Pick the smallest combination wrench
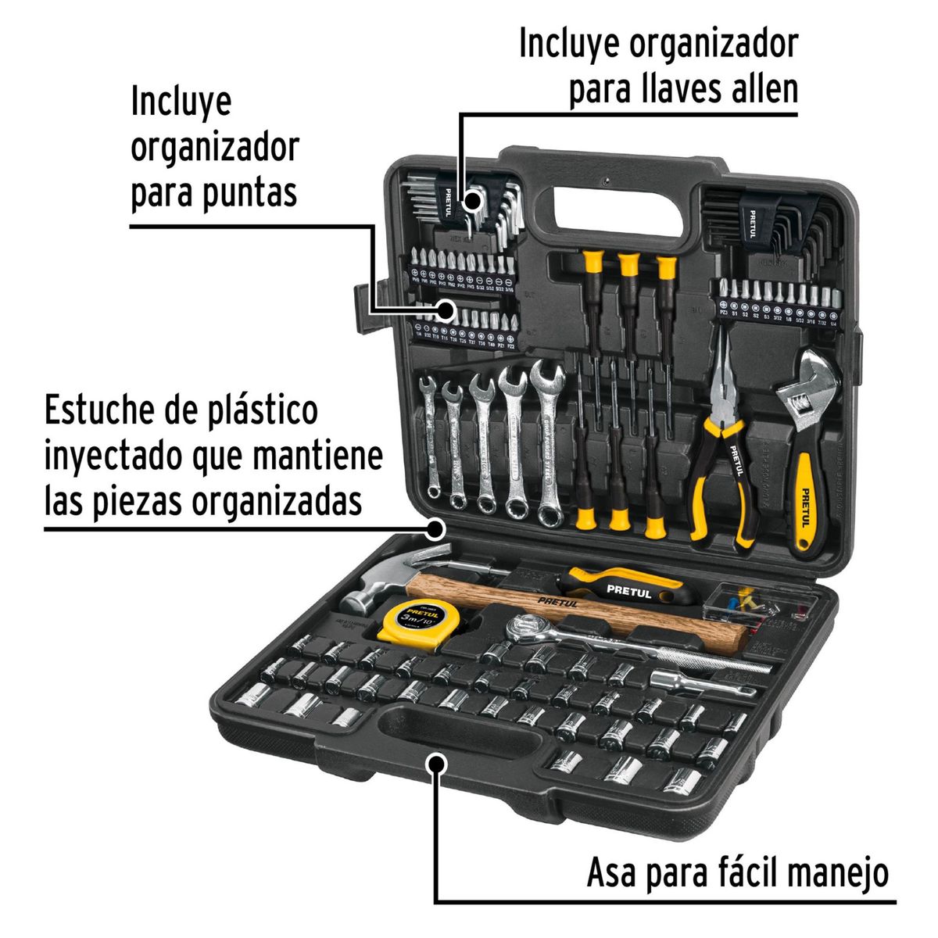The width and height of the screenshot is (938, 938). (x=430, y=434)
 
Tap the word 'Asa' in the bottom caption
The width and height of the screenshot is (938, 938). (x=610, y=872)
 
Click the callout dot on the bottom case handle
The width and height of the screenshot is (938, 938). (x=436, y=762)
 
